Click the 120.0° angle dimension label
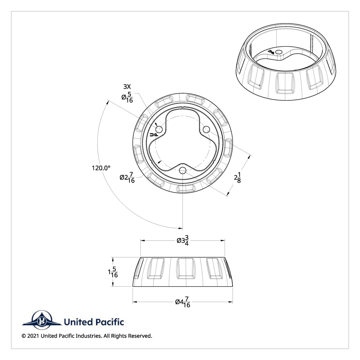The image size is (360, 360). click(x=101, y=168)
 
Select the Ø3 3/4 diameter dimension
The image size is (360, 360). click(x=183, y=241)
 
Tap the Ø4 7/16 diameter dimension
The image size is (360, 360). click(x=183, y=302)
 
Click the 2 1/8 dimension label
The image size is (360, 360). click(x=238, y=177)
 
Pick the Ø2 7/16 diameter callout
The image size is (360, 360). click(x=127, y=177)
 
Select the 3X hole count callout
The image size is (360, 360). click(x=127, y=87)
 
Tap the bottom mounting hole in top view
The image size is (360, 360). click(x=182, y=171)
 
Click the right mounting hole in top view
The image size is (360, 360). click(x=206, y=129)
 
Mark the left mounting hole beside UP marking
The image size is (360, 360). click(x=159, y=130)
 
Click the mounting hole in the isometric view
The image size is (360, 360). click(x=279, y=52)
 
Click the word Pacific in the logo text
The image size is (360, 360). click(x=109, y=322)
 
